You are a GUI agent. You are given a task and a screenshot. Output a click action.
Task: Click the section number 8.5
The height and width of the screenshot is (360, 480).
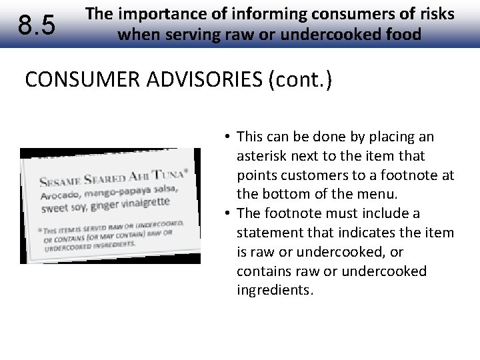37,25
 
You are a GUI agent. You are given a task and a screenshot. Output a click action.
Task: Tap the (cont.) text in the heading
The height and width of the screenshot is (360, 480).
299,80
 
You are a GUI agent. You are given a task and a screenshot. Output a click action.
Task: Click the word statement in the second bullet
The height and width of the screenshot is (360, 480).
267,233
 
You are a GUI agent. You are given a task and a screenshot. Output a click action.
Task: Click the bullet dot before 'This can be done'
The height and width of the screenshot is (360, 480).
227,137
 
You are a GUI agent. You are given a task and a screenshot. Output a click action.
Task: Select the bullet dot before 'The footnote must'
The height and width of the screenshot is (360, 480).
227,214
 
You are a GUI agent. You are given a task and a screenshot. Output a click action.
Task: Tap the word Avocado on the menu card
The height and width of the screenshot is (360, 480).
59,196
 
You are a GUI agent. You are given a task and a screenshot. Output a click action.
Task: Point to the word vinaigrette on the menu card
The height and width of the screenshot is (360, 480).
146,202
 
